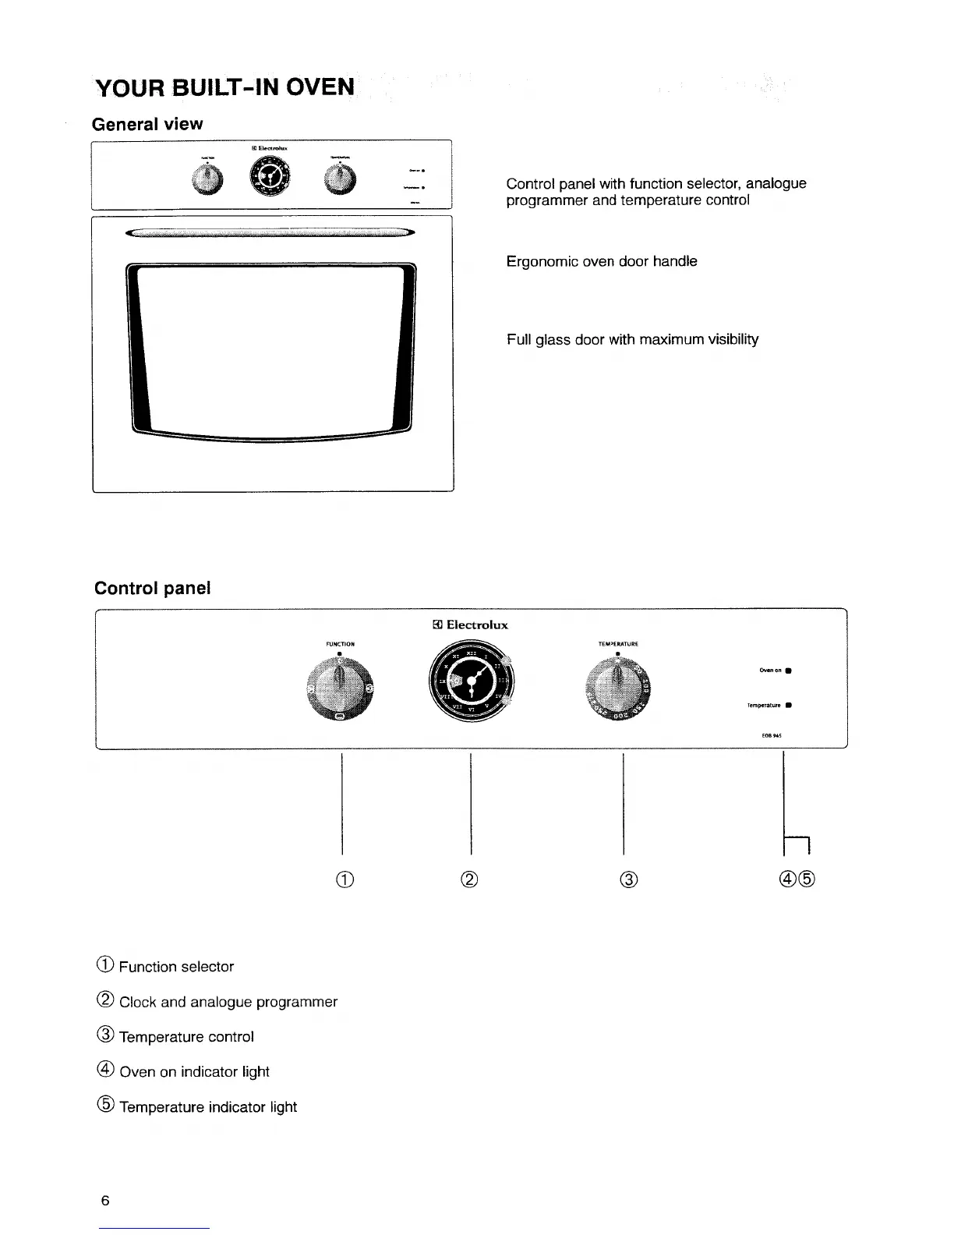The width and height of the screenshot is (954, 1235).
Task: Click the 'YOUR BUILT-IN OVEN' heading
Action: [x=224, y=87]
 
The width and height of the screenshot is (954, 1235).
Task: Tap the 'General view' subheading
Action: [x=147, y=125]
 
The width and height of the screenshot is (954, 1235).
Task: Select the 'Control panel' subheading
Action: [x=152, y=588]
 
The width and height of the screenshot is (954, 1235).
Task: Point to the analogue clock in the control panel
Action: [x=471, y=681]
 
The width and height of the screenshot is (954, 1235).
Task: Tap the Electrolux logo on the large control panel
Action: [x=470, y=625]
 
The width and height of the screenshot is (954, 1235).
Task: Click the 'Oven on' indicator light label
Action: [x=771, y=670]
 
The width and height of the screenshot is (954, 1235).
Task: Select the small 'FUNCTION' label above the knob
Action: [x=340, y=644]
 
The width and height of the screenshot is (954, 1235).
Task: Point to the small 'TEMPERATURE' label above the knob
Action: [x=617, y=644]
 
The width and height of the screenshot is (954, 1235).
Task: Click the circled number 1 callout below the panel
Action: [x=344, y=879]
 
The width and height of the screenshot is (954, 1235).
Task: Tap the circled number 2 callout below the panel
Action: [x=470, y=879]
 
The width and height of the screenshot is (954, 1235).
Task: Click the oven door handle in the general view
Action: [x=270, y=232]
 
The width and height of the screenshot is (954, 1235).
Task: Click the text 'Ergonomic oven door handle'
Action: [x=602, y=262]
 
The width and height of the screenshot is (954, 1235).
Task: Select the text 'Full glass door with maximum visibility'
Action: [x=632, y=340]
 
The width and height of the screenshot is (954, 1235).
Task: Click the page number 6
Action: [x=105, y=1201]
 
